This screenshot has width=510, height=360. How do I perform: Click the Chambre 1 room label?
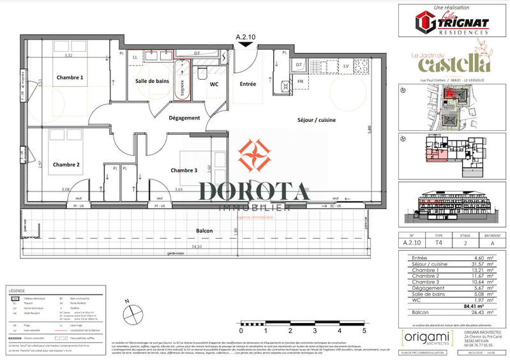tap(70, 77)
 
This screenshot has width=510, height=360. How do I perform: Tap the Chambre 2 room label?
tap(66, 165)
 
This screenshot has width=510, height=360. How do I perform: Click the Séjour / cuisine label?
tap(317, 120)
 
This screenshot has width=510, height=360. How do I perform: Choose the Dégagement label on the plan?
tap(184, 118)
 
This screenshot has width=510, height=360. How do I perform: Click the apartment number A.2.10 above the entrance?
tap(245, 38)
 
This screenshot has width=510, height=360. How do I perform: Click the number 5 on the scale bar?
tap(364, 331)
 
